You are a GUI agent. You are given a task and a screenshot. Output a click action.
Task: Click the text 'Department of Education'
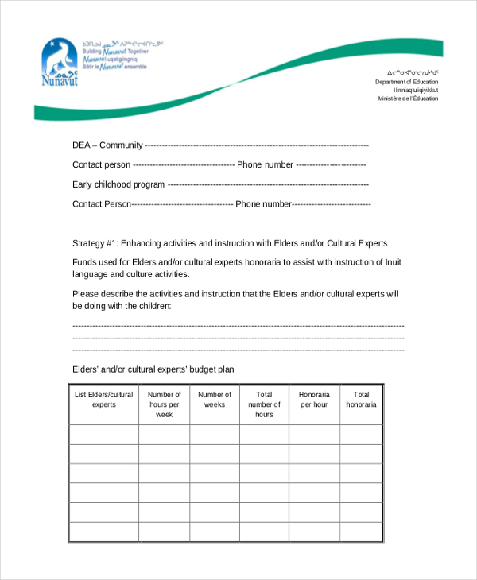click(407, 82)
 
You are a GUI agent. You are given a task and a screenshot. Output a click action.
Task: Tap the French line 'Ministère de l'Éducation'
click(408, 99)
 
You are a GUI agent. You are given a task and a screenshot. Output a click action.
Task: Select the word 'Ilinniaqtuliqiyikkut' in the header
click(413, 91)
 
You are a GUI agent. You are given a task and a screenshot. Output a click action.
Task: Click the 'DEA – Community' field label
click(107, 145)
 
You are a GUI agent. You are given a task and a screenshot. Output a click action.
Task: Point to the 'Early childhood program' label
click(118, 184)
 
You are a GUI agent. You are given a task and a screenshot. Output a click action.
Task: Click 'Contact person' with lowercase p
click(101, 165)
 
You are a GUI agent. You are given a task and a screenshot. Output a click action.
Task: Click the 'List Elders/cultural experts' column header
click(104, 400)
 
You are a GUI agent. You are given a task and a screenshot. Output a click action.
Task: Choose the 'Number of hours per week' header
click(165, 404)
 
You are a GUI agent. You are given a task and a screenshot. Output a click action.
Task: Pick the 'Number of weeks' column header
click(215, 400)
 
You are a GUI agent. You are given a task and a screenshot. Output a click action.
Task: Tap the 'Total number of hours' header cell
click(264, 404)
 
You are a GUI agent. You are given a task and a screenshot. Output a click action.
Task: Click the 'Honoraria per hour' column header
click(314, 400)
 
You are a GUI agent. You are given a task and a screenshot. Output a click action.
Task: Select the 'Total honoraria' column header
click(361, 400)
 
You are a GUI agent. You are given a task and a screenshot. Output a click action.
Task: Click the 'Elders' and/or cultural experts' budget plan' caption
click(153, 369)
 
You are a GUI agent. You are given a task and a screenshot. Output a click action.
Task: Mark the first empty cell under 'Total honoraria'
click(361, 435)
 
